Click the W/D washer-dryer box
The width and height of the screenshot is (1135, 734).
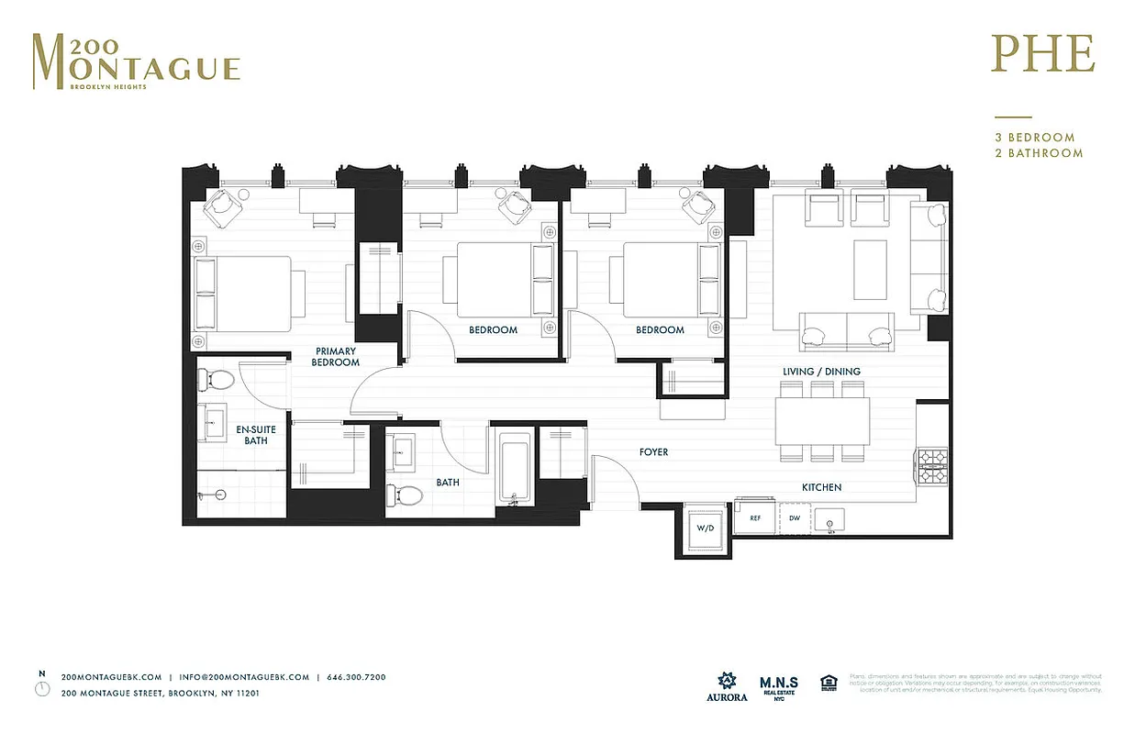(706, 528)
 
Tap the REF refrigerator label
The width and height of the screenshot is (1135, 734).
(755, 518)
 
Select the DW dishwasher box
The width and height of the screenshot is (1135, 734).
(795, 518)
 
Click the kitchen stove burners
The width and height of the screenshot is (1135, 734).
(931, 465)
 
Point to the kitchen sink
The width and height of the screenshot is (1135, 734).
(829, 522)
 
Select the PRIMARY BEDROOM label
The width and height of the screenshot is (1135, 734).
(336, 357)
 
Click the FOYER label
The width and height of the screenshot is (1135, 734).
(653, 452)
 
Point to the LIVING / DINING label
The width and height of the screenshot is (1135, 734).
(821, 372)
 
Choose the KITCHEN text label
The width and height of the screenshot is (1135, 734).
(821, 487)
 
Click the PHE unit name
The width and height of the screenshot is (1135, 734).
(1042, 55)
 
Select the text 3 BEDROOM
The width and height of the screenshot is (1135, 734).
(1034, 138)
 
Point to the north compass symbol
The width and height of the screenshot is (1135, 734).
(41, 688)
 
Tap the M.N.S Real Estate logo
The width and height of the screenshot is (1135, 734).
(778, 685)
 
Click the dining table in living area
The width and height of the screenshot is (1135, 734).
(822, 420)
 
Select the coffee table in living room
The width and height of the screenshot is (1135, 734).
(870, 269)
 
